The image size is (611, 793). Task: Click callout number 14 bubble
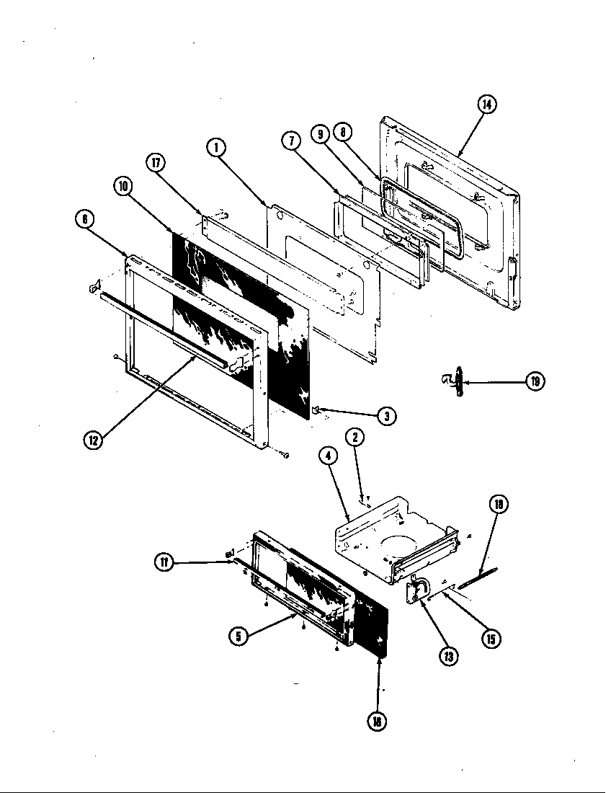(486, 105)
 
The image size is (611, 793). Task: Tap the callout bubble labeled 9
(321, 133)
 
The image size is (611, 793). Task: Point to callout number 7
(291, 141)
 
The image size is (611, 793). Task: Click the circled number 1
(215, 148)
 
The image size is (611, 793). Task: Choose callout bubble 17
(156, 163)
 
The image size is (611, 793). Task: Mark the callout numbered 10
(123, 185)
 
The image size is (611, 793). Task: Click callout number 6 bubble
(86, 221)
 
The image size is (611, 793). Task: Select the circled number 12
(92, 439)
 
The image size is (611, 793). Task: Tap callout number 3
(386, 415)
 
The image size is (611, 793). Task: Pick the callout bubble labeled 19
(535, 381)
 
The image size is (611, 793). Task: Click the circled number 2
(354, 437)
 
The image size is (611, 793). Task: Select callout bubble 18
(496, 505)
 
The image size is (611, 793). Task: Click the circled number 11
(165, 563)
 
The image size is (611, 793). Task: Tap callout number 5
(239, 636)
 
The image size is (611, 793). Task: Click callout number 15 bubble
(491, 639)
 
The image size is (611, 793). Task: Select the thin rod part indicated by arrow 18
(476, 577)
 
